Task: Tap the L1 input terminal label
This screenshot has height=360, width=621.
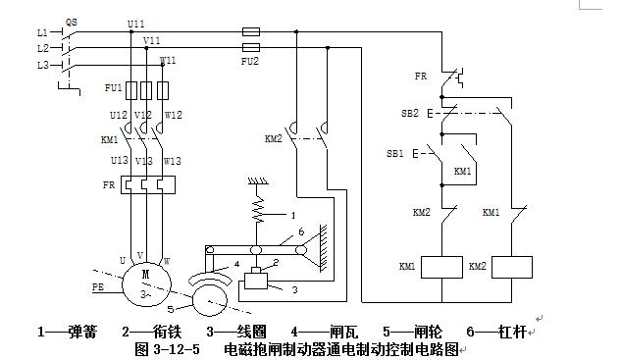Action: click(x=41, y=31)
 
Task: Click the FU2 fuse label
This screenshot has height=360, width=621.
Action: click(x=251, y=61)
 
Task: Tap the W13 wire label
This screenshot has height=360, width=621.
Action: click(x=173, y=161)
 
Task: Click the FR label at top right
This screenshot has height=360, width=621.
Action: click(x=420, y=76)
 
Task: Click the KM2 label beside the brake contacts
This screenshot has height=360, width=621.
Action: click(x=274, y=138)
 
